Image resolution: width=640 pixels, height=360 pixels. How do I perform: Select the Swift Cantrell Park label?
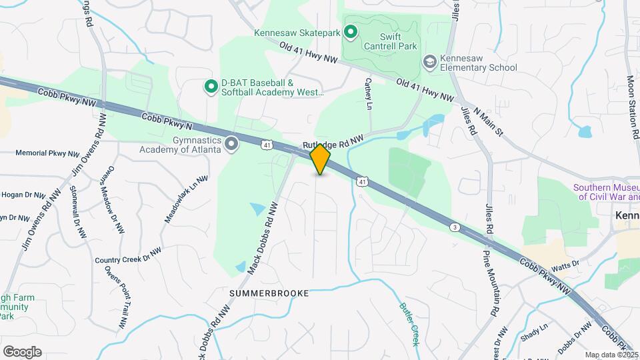point(389,41)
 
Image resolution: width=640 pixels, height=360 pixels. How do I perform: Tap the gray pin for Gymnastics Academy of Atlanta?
point(232,144)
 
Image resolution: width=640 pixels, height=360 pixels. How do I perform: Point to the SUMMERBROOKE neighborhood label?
point(269,293)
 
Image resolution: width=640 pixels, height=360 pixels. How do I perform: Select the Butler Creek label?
point(409,325)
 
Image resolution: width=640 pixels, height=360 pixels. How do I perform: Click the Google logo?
point(22,352)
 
